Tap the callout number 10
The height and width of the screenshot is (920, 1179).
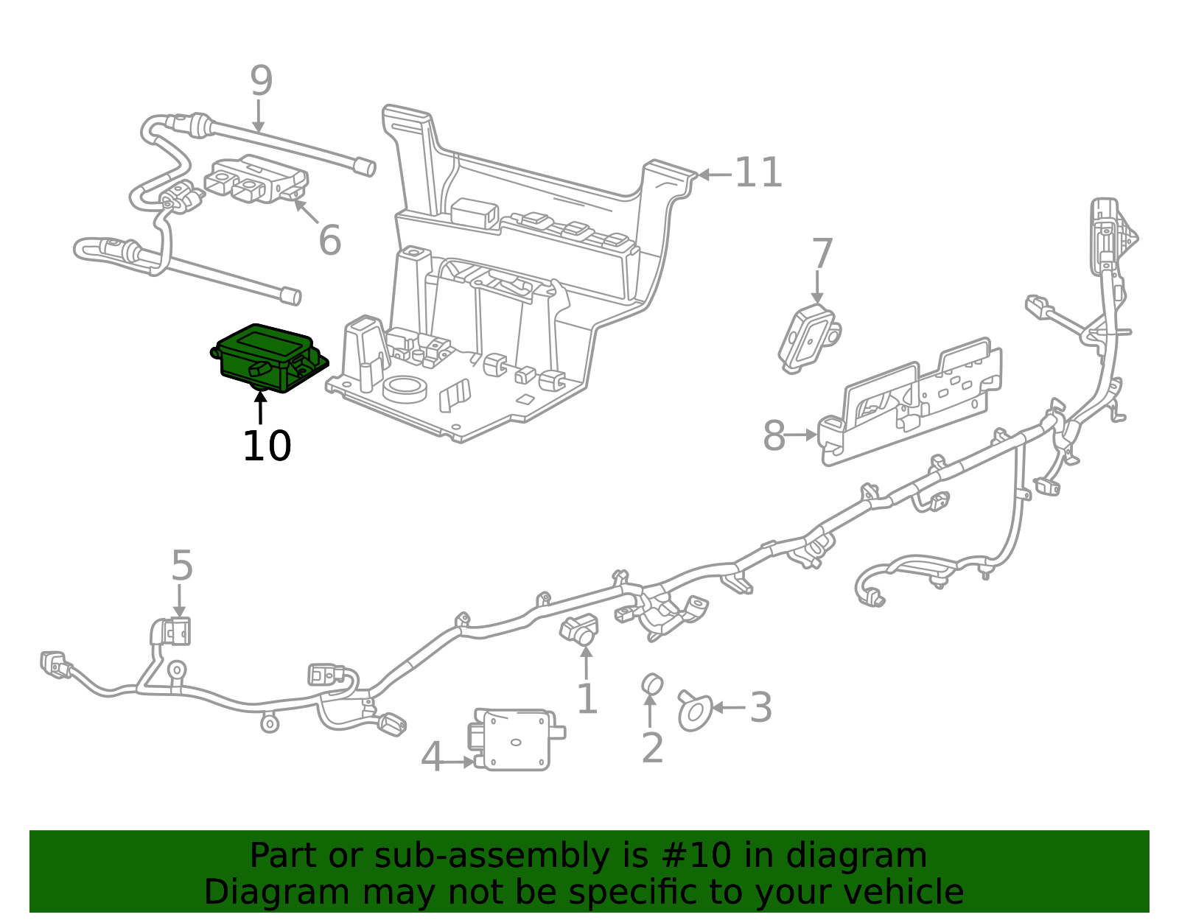[267, 446]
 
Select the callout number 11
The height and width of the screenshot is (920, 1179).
[758, 173]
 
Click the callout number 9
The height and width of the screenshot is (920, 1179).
[261, 81]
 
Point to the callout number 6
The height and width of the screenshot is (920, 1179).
[329, 240]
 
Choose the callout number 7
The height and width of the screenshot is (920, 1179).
[822, 254]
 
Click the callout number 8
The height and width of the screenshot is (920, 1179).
[774, 435]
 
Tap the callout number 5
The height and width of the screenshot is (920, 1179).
[181, 566]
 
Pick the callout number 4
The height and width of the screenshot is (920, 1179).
[431, 758]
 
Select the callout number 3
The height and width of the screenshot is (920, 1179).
[760, 708]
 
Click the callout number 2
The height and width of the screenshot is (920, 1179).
[652, 748]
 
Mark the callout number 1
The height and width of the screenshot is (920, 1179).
[587, 699]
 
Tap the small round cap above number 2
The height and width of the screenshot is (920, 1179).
[651, 684]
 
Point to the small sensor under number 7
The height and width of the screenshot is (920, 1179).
[808, 337]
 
